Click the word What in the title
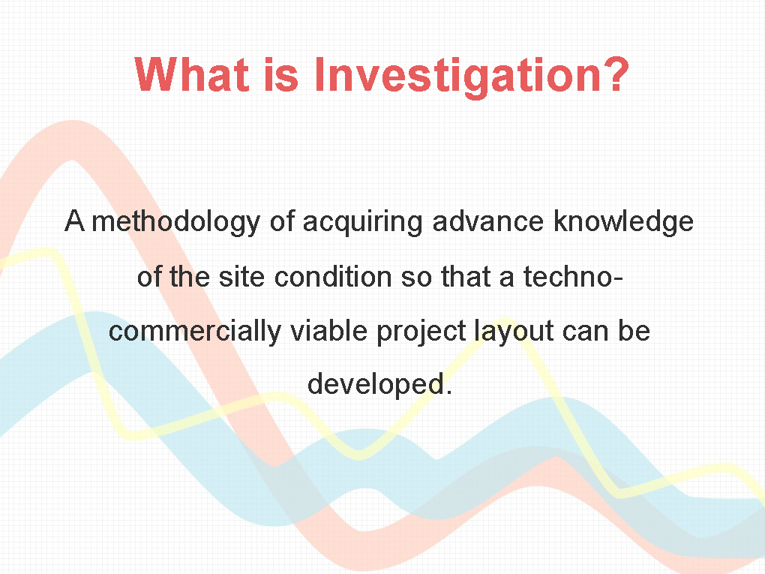click(192, 74)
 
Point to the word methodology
click(176, 223)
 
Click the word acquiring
click(362, 223)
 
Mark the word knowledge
click(623, 223)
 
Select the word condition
click(333, 277)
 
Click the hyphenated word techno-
click(573, 277)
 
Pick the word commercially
click(195, 332)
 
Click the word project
click(421, 332)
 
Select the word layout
click(514, 332)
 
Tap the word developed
click(376, 386)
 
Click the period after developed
click(448, 392)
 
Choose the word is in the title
click(281, 74)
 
